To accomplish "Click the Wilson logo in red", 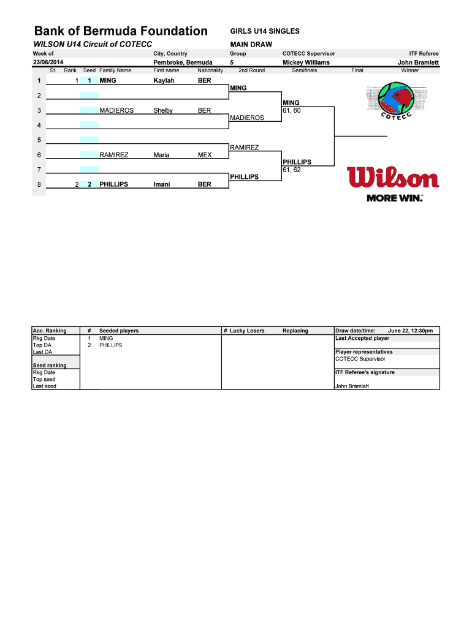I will [x=393, y=178].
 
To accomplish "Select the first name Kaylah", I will [x=164, y=81].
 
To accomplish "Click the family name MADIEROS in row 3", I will [x=116, y=110].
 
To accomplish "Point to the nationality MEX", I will [x=204, y=155].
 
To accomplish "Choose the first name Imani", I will [x=162, y=184].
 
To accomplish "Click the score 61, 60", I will [x=292, y=110].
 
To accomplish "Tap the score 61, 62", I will [x=292, y=170].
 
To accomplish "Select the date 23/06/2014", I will [x=48, y=62].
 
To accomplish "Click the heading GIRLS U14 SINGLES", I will [x=265, y=31].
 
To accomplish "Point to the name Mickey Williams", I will [x=306, y=62].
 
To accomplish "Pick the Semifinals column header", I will [x=304, y=70].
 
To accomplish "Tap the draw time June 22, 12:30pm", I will [x=410, y=331].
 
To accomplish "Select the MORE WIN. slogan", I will [x=395, y=198].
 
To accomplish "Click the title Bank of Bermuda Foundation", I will [x=121, y=31].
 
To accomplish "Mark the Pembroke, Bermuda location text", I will [x=183, y=62].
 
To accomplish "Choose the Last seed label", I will [x=44, y=386].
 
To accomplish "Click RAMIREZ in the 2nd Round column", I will [x=244, y=148].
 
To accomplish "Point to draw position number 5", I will [x=39, y=140].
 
